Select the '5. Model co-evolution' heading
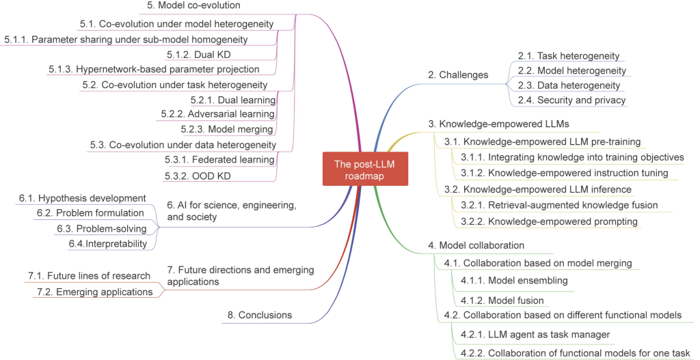(x=194, y=5)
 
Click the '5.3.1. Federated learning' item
(x=219, y=160)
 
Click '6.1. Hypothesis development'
(x=83, y=198)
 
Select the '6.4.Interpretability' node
(x=108, y=243)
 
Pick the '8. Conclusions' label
(x=260, y=315)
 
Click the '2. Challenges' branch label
(x=458, y=74)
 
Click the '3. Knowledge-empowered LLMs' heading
(x=499, y=124)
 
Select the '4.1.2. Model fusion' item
(x=502, y=301)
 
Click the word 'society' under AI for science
(x=200, y=217)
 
